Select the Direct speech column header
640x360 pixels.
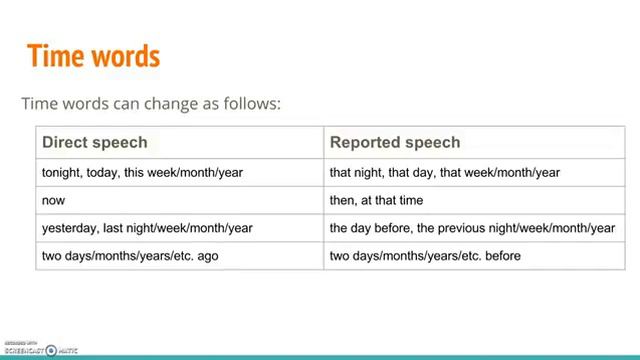click(94, 142)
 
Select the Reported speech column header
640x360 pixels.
click(395, 142)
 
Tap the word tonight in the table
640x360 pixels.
click(61, 172)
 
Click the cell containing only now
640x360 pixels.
click(54, 200)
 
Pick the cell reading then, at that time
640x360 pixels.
click(376, 200)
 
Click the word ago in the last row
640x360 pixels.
click(207, 256)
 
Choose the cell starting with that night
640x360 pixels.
click(445, 172)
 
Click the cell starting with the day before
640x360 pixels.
click(472, 228)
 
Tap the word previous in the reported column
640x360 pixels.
click(455, 228)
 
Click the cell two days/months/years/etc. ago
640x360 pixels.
click(130, 256)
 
